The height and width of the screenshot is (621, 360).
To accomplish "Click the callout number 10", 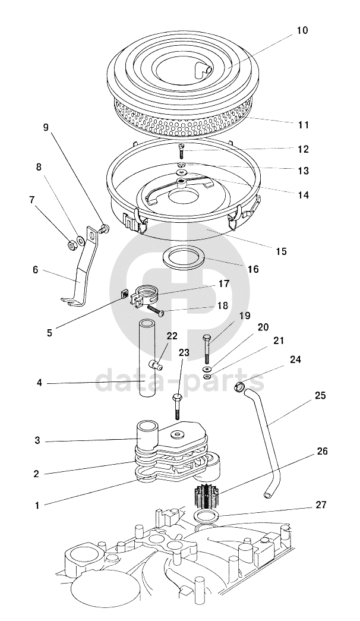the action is [302, 30].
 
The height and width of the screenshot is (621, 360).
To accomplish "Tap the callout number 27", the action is [321, 505].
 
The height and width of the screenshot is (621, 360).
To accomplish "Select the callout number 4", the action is [39, 383].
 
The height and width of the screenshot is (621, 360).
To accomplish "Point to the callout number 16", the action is [253, 269].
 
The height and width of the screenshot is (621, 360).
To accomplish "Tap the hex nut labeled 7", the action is [72, 245].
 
